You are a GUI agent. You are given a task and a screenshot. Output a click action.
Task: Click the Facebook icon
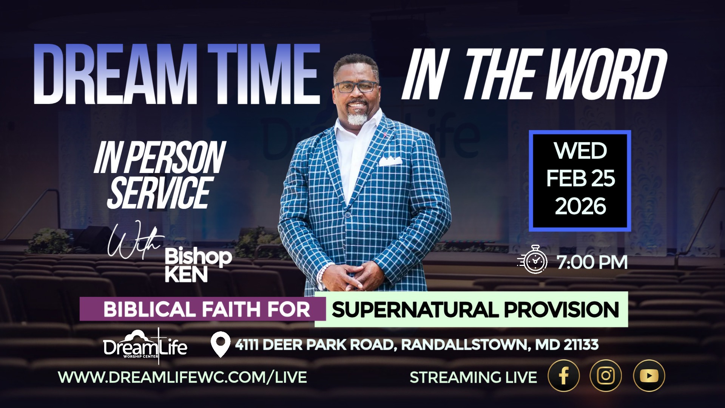[x=563, y=376]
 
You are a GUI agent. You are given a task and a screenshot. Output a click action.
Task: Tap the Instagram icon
[x=606, y=376]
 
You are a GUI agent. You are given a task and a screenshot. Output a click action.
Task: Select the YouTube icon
[x=649, y=376]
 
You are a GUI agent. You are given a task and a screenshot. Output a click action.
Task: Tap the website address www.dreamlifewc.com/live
[x=182, y=377]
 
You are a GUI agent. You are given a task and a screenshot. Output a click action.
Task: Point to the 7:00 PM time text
[x=592, y=262]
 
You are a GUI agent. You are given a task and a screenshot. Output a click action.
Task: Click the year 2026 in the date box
[x=580, y=206]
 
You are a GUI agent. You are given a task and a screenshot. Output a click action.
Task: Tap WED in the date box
[x=580, y=151]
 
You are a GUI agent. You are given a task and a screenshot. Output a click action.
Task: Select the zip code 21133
[x=581, y=345]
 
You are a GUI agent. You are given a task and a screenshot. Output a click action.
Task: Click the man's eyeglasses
[x=356, y=87]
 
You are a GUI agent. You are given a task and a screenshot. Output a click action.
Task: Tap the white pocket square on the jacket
[x=390, y=161]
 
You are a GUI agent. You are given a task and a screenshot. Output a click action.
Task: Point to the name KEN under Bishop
[x=186, y=274]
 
